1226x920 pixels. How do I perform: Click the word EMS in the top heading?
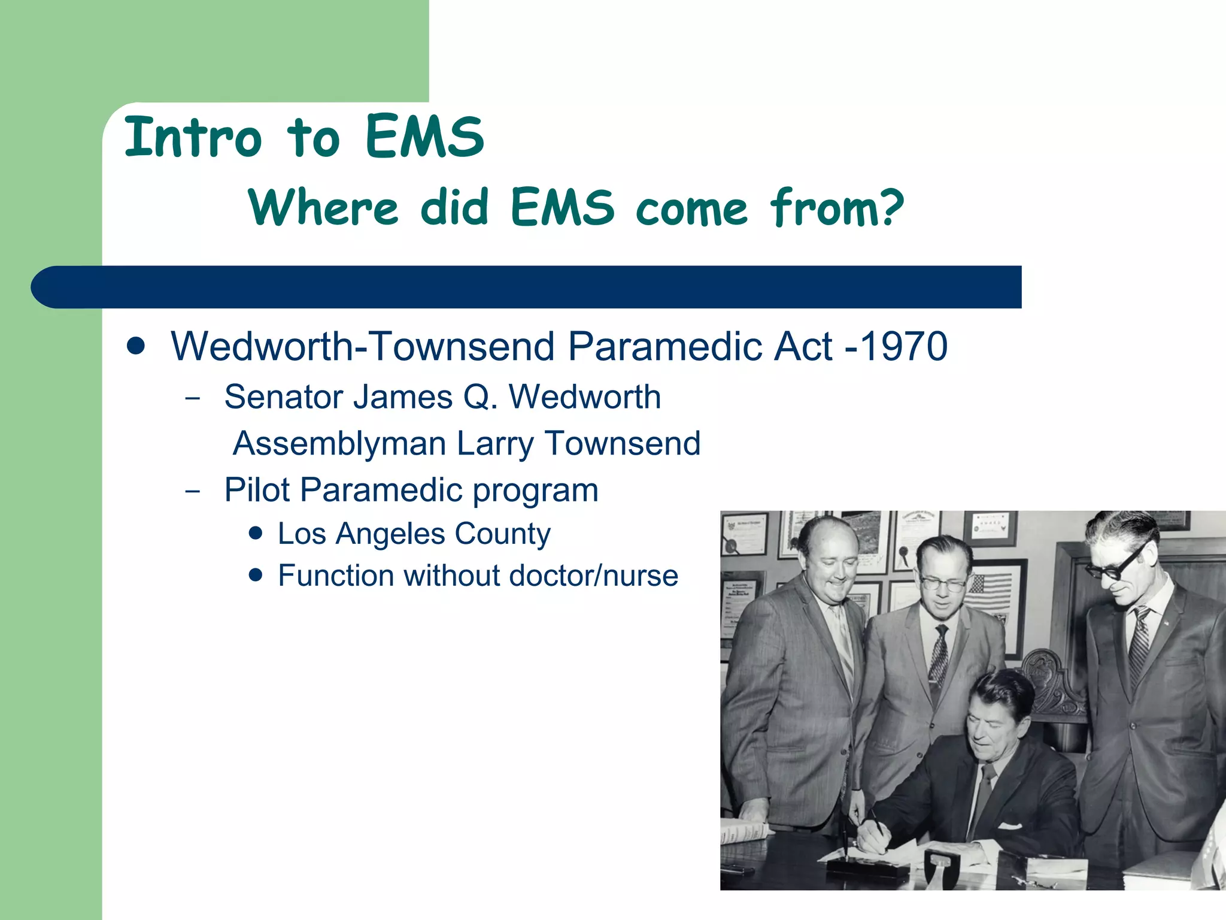pyautogui.click(x=424, y=138)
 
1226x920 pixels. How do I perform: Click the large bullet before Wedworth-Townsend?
pyautogui.click(x=136, y=346)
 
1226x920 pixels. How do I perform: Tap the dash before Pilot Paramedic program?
pyautogui.click(x=193, y=492)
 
